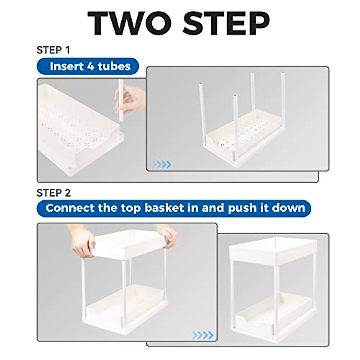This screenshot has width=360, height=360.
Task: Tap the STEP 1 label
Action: [53, 50]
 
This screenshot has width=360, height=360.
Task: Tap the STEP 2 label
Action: [53, 193]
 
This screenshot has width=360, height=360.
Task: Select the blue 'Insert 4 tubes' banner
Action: [88, 66]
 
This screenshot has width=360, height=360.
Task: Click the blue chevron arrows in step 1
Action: [161, 164]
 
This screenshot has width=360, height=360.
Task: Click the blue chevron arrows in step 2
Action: [203, 335]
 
